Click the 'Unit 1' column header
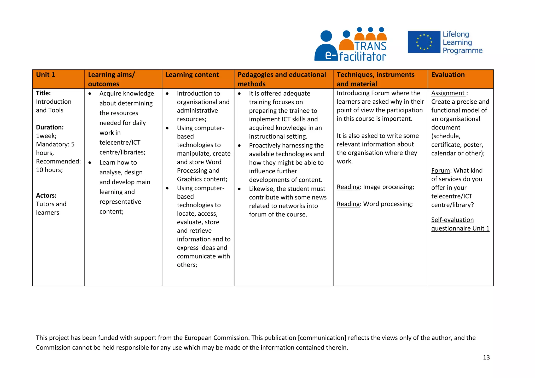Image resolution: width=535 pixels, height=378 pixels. click(46, 75)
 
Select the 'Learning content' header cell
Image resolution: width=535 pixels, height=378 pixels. click(192, 75)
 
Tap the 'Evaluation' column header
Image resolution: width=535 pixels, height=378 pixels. click(448, 75)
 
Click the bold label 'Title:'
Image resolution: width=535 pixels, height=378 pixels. click(43, 93)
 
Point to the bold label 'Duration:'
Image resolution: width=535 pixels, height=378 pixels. click(50, 127)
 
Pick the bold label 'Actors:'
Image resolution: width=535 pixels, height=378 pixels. click(46, 196)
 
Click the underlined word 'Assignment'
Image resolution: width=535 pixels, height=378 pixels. click(448, 93)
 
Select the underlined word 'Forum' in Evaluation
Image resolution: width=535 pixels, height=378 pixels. click(440, 170)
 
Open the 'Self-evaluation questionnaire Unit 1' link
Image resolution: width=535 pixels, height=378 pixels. click(460, 224)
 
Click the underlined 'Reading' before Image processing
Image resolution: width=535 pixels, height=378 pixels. click(348, 187)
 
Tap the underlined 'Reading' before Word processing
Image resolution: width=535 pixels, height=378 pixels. click(348, 204)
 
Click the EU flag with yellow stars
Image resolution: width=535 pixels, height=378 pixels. click(424, 42)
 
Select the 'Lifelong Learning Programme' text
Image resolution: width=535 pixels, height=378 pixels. click(462, 42)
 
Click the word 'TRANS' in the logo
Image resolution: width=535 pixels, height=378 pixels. click(370, 46)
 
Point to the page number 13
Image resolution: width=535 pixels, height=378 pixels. click(486, 357)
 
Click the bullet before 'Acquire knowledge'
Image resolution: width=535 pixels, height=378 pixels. click(90, 94)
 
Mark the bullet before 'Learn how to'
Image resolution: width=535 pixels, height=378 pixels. click(90, 163)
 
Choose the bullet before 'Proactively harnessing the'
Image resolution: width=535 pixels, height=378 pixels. click(239, 146)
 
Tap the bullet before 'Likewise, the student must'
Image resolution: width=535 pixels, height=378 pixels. click(239, 189)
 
